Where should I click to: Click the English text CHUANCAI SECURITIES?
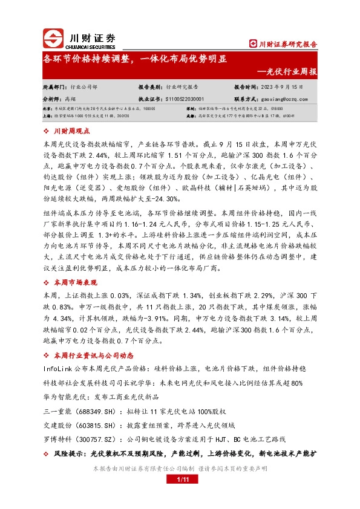coord(94,44)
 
